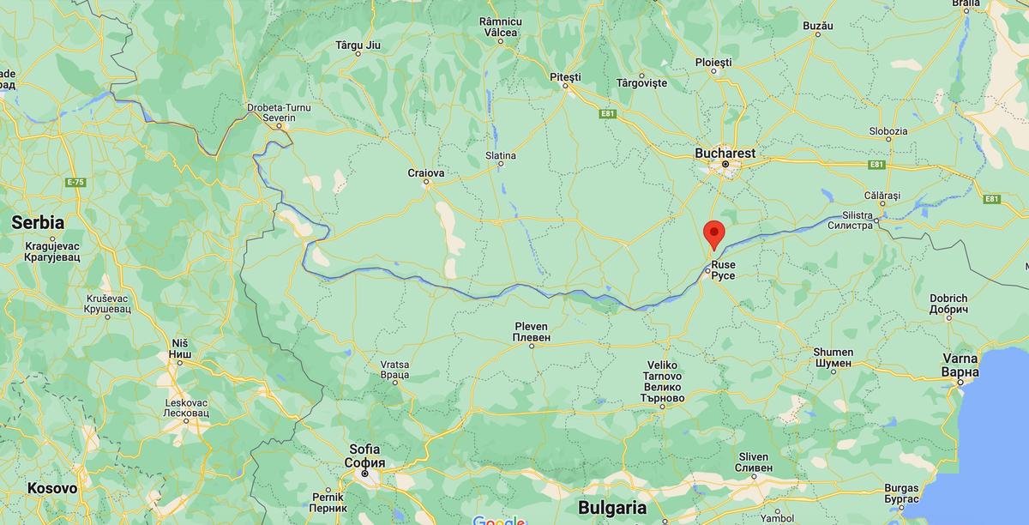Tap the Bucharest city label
pos(725,153)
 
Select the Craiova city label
pos(426,172)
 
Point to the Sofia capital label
pos(364,456)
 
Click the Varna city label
pos(959,365)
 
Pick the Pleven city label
pos(531,332)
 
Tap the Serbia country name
pos(38,222)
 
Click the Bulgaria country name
pos(611,506)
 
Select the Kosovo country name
pos(51,488)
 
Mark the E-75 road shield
pos(75,182)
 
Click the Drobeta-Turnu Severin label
pos(279,112)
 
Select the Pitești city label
pos(565,77)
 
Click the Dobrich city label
pos(948,304)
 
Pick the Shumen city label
pos(833,357)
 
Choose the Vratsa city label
pos(394,370)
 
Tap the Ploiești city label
pos(713,63)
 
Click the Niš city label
pos(179,348)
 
